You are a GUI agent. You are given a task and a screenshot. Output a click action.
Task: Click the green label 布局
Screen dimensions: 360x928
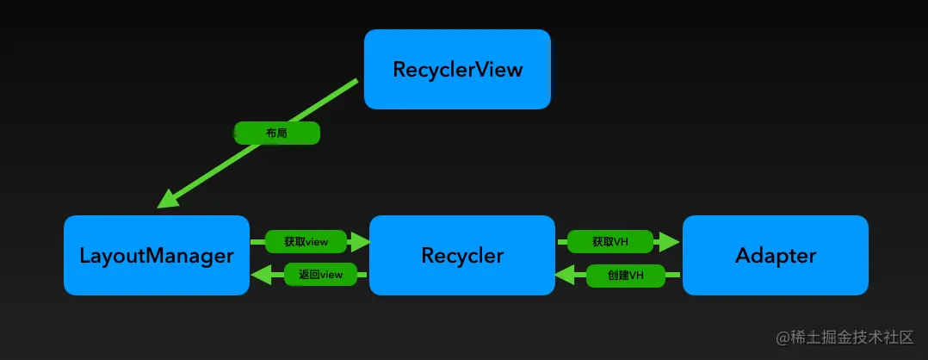point(277,133)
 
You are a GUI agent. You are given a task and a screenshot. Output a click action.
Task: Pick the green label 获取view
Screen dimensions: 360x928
point(306,242)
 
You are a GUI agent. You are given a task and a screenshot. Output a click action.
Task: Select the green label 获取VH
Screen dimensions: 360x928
point(610,242)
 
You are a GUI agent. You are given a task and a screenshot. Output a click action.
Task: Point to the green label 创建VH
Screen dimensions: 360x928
point(625,276)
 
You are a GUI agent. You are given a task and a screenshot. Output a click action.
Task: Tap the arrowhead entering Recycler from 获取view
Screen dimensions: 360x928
point(360,242)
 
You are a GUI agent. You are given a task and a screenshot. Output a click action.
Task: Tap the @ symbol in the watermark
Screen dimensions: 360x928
point(783,337)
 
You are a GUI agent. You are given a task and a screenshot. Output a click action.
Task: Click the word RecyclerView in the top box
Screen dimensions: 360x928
point(457,70)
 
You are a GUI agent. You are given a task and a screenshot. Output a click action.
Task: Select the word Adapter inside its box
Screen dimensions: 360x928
point(775,256)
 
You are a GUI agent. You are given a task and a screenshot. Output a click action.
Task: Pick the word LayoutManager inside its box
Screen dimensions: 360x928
point(157,256)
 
